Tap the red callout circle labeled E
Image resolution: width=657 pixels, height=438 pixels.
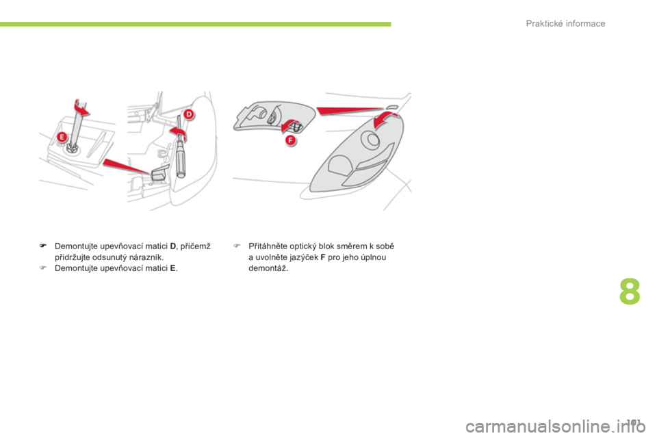click(62, 138)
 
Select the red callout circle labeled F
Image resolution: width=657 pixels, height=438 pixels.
click(290, 139)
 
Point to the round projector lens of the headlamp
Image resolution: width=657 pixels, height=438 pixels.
click(372, 140)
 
